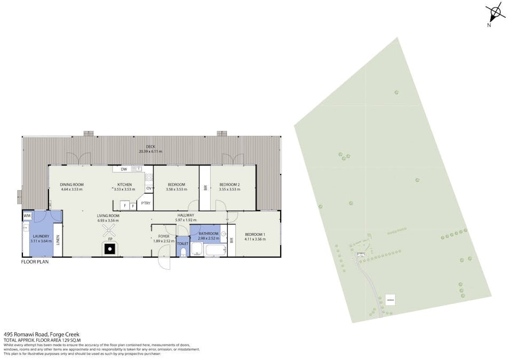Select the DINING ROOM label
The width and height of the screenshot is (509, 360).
(x=72, y=185)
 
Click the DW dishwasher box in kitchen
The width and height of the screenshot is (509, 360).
(x=124, y=170)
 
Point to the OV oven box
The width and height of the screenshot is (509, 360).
(x=149, y=188)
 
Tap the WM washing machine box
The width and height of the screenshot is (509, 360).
(x=27, y=215)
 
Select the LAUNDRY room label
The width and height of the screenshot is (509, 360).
(x=41, y=236)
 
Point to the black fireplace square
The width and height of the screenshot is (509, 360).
(x=110, y=247)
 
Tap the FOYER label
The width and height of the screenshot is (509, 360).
(x=163, y=236)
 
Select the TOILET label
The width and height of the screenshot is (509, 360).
(x=182, y=243)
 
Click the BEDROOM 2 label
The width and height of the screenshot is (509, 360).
(x=230, y=185)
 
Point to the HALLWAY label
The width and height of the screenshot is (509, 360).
(x=187, y=216)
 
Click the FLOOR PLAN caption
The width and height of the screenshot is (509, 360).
(x=35, y=262)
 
